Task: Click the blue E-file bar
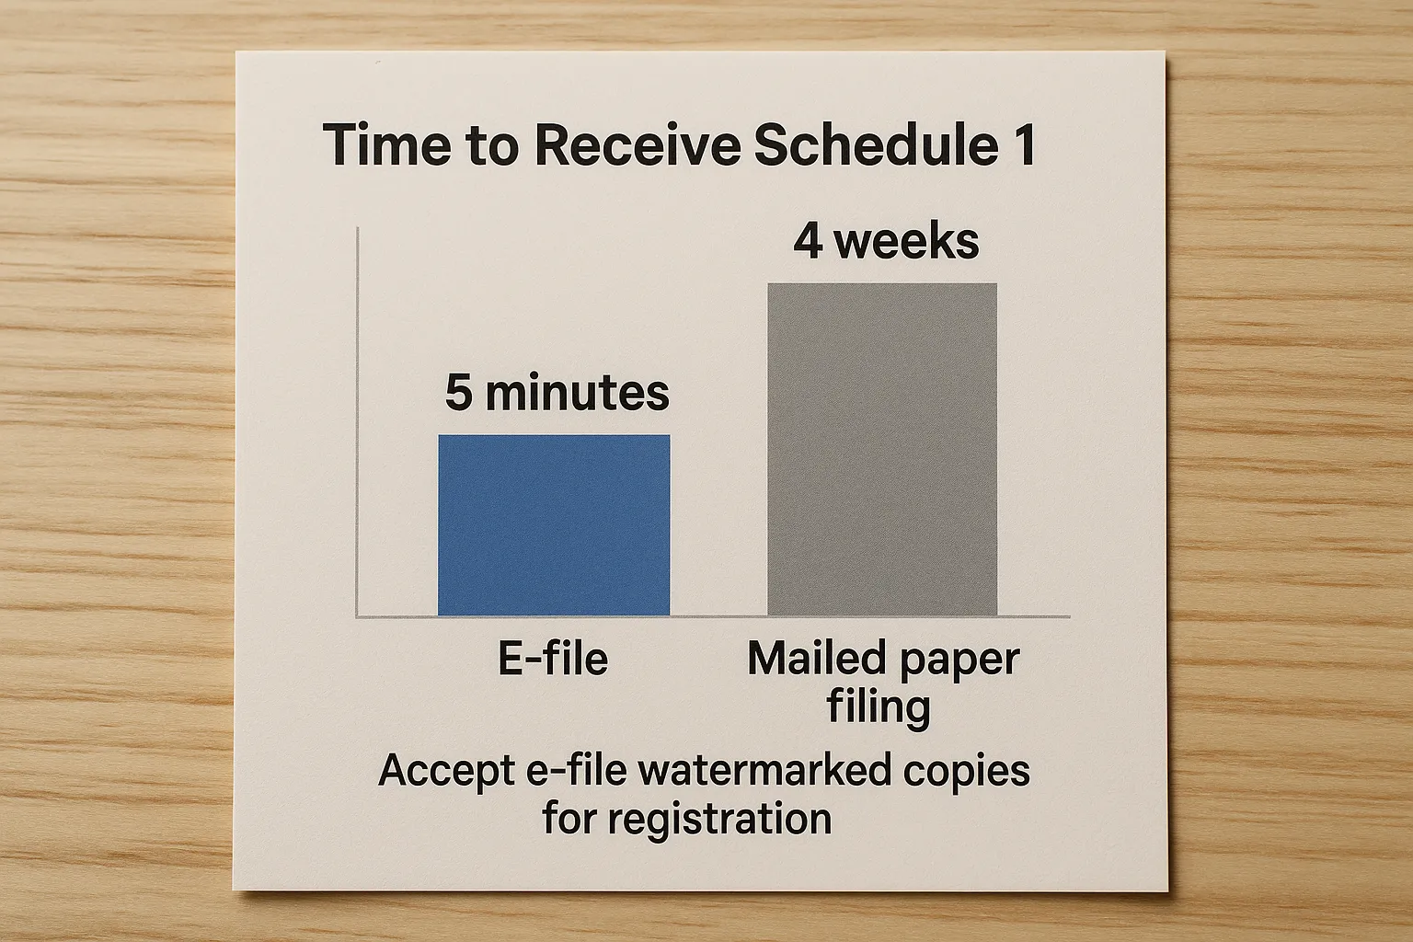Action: [x=554, y=524]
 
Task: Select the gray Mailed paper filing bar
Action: [x=882, y=449]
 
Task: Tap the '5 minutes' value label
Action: [x=557, y=393]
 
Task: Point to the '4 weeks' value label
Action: [x=886, y=241]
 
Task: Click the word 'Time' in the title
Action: [x=378, y=146]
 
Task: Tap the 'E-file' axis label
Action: [x=553, y=659]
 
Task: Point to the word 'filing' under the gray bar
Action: [x=878, y=708]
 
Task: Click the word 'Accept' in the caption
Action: [x=444, y=771]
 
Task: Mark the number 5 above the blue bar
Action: [x=459, y=393]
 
